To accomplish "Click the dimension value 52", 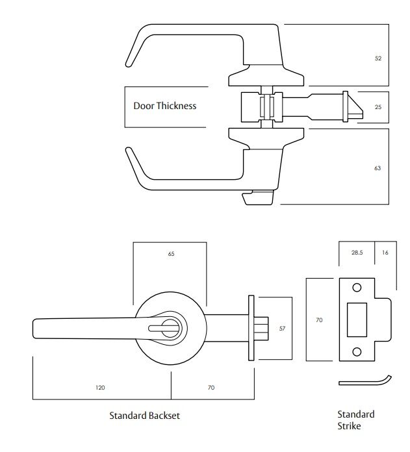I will pyautogui.click(x=378, y=58).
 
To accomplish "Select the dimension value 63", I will pyautogui.click(x=378, y=168).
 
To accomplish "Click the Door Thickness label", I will pyautogui.click(x=164, y=106).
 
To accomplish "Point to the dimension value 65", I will pyautogui.click(x=171, y=253).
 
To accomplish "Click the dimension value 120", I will pyautogui.click(x=100, y=388).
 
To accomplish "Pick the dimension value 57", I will pyautogui.click(x=282, y=329).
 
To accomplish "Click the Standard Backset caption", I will pyautogui.click(x=144, y=415).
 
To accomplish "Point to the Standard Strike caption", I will pyautogui.click(x=355, y=420).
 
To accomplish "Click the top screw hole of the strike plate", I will pyautogui.click(x=356, y=288).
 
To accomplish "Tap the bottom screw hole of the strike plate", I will pyautogui.click(x=356, y=352).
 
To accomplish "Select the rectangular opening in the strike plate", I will pyautogui.click(x=356, y=320).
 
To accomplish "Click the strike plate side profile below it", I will pyautogui.click(x=364, y=381).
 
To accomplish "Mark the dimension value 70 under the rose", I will pyautogui.click(x=211, y=388).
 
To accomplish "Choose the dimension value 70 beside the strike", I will pyautogui.click(x=319, y=320).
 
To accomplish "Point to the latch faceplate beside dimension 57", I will pyautogui.click(x=250, y=328).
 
